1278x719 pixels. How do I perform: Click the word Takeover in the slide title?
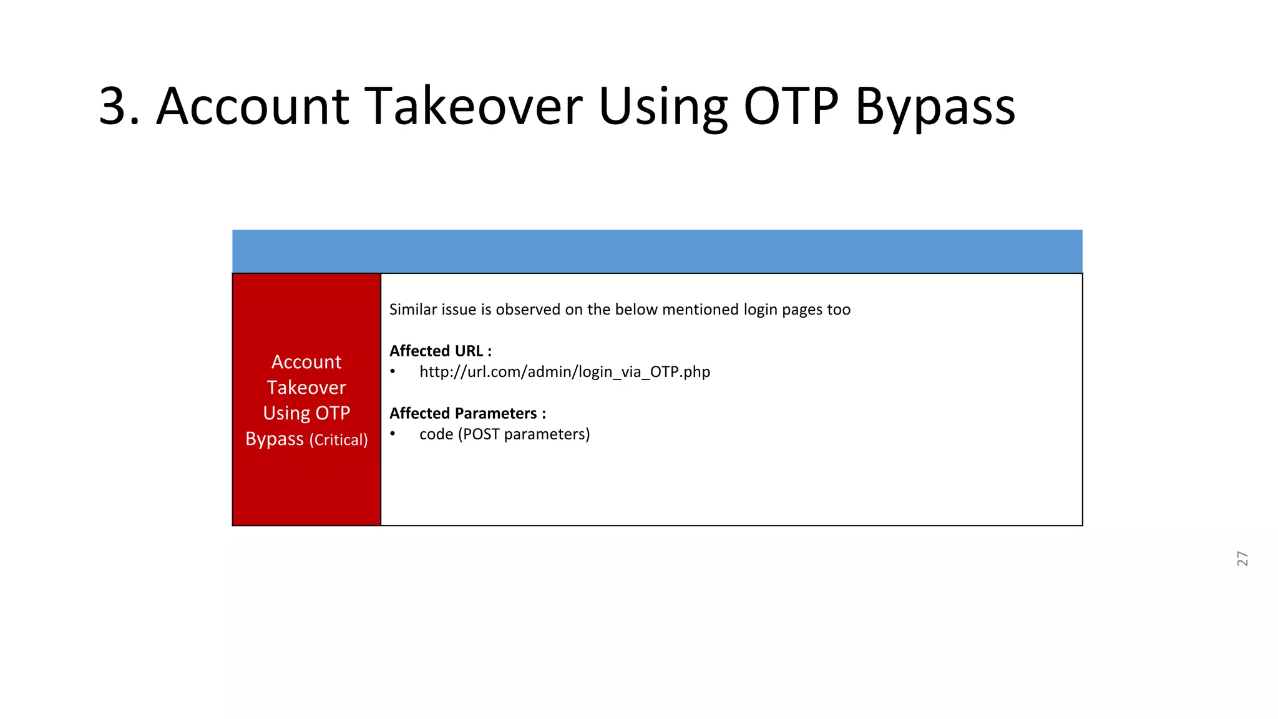[473, 107]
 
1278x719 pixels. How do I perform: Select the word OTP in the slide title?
[791, 107]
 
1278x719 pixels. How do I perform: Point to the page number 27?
[1242, 559]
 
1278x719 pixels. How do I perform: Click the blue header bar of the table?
[657, 251]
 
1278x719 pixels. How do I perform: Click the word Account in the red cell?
[306, 362]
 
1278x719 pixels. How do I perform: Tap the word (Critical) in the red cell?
[338, 440]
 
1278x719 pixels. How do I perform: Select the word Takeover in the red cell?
[306, 388]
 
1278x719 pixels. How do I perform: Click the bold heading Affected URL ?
[441, 351]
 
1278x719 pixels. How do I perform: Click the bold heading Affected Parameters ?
[467, 413]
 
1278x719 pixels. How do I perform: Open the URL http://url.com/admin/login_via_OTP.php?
[564, 372]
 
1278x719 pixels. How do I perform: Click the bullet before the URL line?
[393, 372]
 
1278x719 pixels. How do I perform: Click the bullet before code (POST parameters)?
[393, 434]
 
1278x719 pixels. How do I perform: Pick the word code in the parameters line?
[436, 434]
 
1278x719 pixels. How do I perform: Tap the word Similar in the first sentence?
[411, 310]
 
